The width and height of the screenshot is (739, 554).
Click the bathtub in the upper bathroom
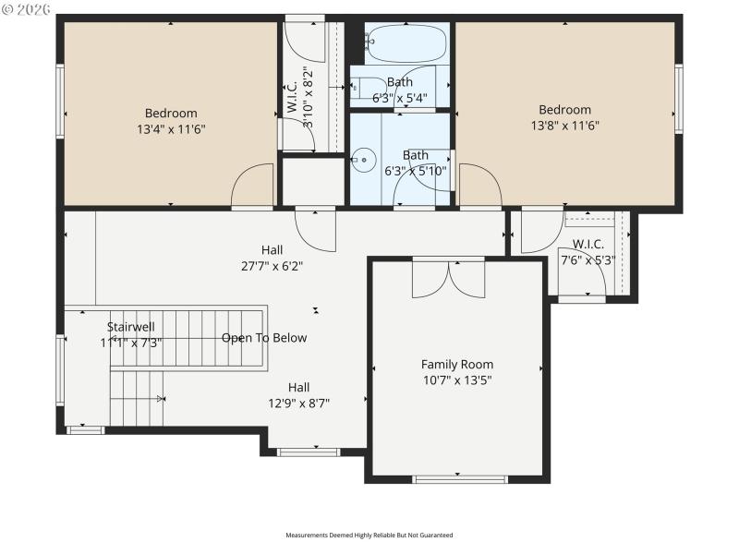point(406,43)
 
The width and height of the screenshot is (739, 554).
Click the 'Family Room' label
point(457,364)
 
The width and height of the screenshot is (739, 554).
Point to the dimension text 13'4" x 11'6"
point(171,129)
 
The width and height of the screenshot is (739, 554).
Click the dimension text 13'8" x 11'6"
point(564,125)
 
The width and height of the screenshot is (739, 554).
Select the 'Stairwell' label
point(130,327)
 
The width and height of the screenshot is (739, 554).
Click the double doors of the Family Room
point(448,279)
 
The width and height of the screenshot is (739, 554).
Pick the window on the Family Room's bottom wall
point(459,479)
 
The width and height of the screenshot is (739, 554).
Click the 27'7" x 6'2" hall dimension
point(272,266)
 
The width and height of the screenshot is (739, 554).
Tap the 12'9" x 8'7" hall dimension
point(298,403)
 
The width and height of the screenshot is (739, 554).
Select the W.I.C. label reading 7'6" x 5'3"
point(588,252)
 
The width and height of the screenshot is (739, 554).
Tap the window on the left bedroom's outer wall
point(60,102)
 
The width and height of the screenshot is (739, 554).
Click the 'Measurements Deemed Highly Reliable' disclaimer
point(369,535)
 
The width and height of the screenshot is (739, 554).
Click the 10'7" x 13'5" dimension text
point(457,379)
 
